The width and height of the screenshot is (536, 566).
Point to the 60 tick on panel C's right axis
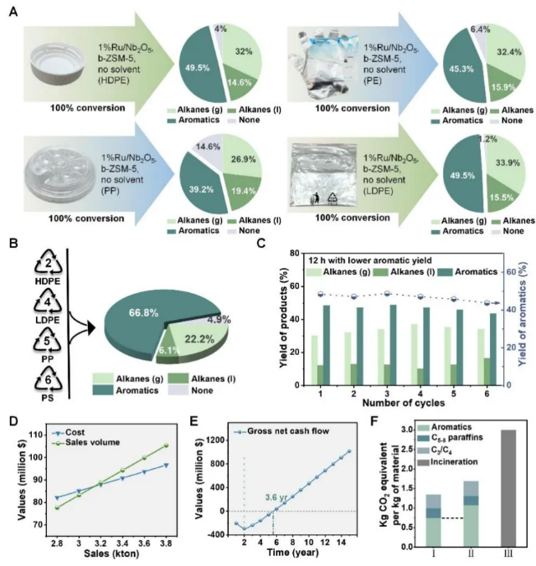coord(512,272)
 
